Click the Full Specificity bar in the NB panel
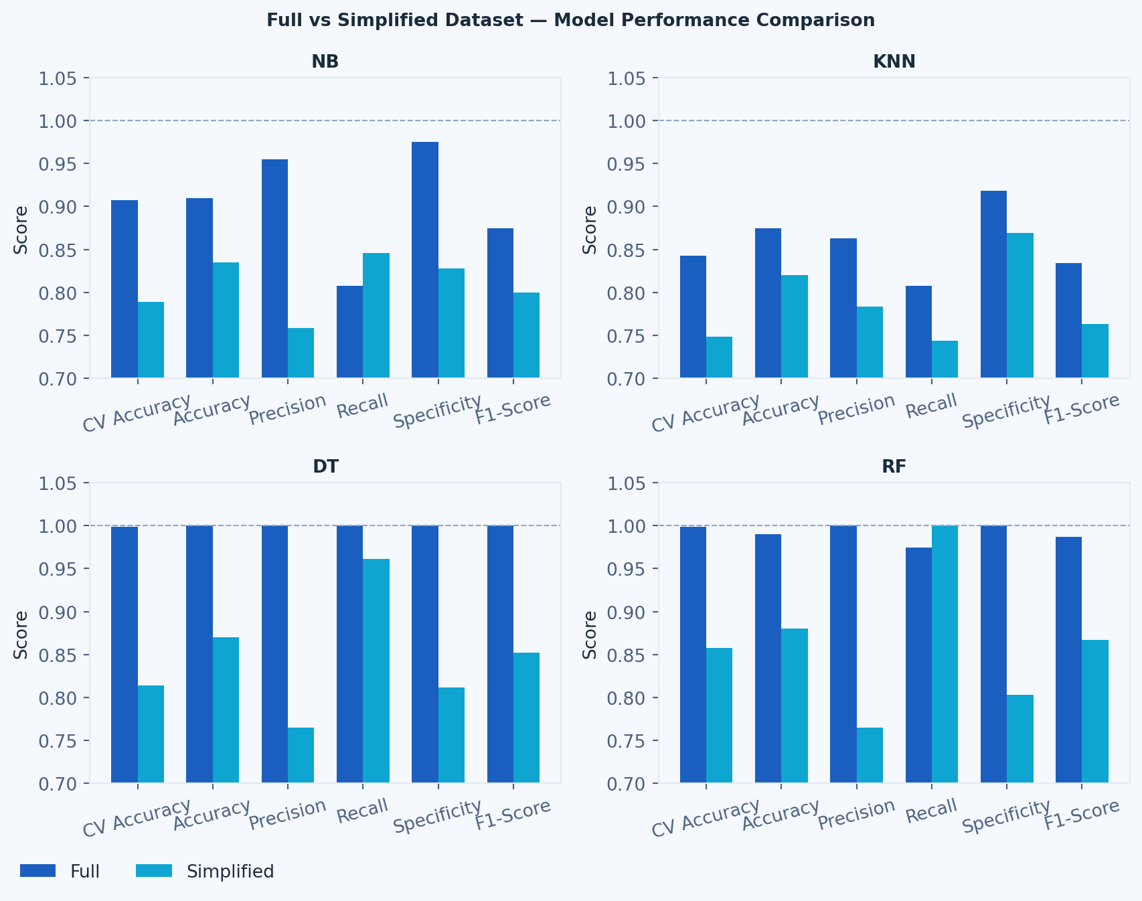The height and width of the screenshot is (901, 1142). (425, 260)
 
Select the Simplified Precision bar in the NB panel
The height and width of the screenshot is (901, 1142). (301, 353)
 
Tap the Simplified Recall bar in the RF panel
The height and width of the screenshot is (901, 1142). (945, 654)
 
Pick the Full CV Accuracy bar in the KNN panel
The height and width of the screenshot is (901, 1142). (693, 317)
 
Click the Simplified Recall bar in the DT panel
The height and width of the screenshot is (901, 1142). (376, 671)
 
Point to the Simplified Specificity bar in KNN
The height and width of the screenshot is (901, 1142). (1020, 305)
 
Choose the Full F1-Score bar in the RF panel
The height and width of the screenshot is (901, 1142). (1068, 659)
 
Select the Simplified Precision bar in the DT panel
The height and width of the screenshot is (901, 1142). (301, 755)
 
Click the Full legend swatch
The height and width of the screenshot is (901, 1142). (37, 871)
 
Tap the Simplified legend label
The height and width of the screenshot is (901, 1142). (230, 872)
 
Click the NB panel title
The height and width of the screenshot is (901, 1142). (325, 62)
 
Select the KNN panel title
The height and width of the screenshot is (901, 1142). (894, 62)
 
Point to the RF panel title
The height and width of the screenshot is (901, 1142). (894, 467)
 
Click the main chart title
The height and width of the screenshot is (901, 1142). (570, 20)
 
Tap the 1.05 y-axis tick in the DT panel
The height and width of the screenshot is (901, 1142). (58, 483)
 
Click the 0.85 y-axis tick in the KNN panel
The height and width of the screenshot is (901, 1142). (627, 250)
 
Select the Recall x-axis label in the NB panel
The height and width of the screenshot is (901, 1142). (362, 406)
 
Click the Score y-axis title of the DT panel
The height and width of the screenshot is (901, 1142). (21, 634)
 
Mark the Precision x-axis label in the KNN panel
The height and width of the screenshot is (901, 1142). (856, 410)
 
